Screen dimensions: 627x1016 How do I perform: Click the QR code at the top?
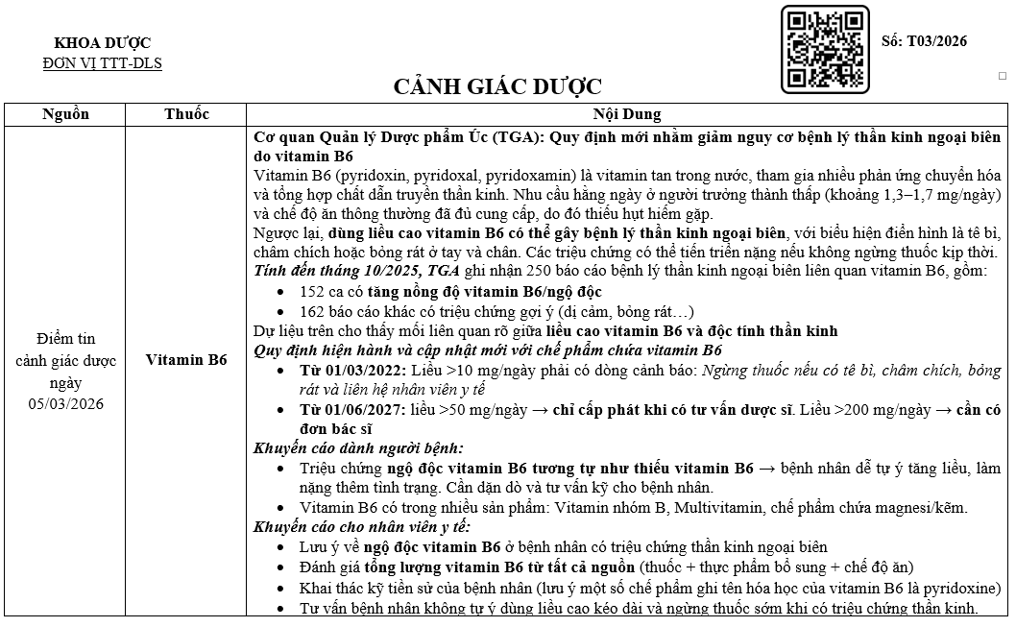[825, 49]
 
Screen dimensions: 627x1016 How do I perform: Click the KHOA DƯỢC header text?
[103, 43]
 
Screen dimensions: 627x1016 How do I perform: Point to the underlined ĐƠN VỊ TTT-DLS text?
[103, 63]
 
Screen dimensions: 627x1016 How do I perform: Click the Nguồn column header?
[66, 114]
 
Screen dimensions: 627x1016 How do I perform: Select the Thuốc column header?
[186, 114]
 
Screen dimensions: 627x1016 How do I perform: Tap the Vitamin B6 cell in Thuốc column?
[186, 360]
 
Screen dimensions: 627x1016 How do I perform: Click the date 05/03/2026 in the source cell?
[66, 402]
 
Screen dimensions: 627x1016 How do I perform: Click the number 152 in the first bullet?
[312, 292]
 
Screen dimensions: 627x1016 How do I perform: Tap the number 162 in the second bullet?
[312, 311]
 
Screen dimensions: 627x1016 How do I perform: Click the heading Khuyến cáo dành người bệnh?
[358, 448]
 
